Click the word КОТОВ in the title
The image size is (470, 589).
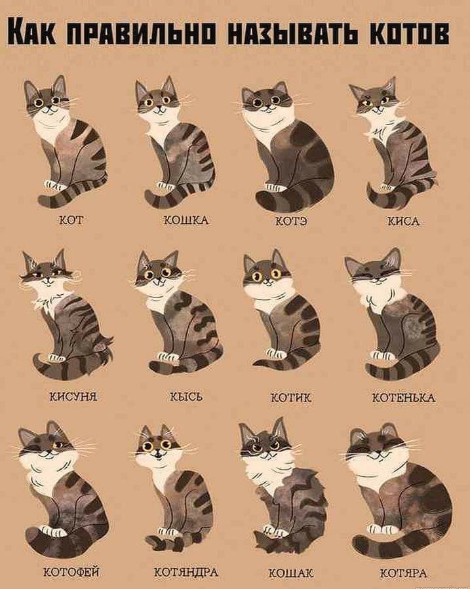click(410, 33)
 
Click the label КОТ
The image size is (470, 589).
click(71, 219)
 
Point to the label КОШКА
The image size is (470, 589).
click(186, 220)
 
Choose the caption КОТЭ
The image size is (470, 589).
click(291, 221)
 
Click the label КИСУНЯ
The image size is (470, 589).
click(73, 396)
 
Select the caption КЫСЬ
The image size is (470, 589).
click(186, 396)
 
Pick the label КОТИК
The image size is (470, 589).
click(291, 398)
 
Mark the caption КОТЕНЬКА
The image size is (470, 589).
click(404, 398)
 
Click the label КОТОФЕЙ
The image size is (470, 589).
click(71, 572)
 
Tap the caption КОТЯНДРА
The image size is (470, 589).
click(186, 572)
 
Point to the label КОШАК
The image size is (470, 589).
click(291, 573)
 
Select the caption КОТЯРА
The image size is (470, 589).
click(404, 573)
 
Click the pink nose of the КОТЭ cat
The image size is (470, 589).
click(268, 105)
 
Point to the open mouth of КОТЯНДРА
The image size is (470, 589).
click(158, 455)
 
